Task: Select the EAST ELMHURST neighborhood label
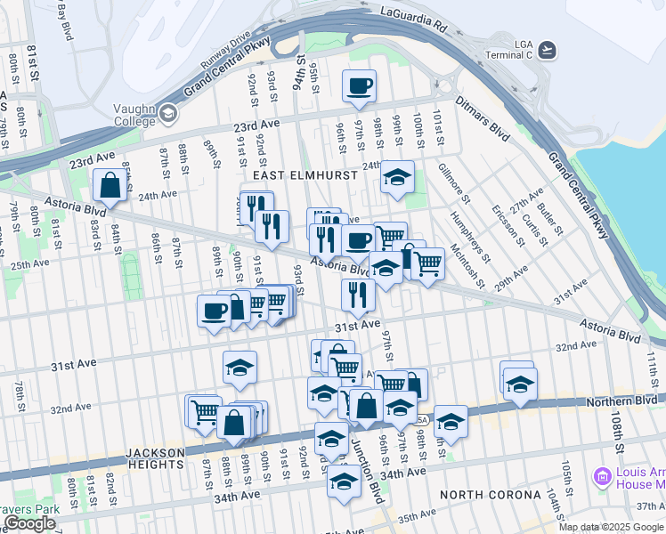(x=311, y=175)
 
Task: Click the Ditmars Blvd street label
(x=484, y=119)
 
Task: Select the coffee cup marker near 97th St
(x=360, y=86)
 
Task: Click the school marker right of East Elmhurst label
(x=397, y=176)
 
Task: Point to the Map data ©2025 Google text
(x=611, y=527)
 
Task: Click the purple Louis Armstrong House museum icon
(x=604, y=477)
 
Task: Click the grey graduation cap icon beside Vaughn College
(x=167, y=115)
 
